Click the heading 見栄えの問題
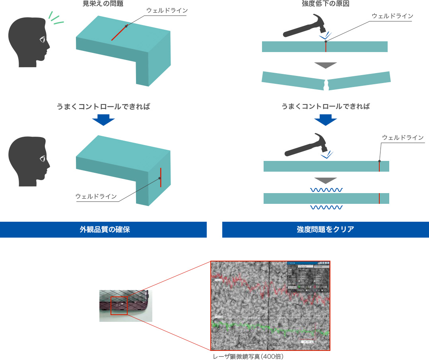point(106,4)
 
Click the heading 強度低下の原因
point(325,4)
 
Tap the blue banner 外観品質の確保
point(103,229)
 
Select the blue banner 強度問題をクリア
point(325,229)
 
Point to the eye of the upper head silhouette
point(42,39)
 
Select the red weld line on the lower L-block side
point(161,177)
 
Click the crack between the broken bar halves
point(326,84)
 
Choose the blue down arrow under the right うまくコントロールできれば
point(325,120)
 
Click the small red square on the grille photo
point(119,306)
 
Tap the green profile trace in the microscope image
point(270,328)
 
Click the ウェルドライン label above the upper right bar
point(392,16)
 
